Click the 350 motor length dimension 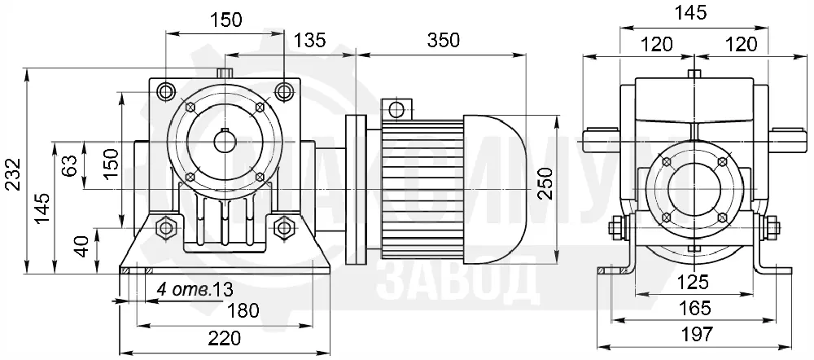tap(444, 40)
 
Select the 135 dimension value tap(309, 40)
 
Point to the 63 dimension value tap(72, 165)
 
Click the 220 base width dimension tap(225, 338)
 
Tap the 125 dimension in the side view tap(694, 283)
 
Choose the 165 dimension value tap(694, 308)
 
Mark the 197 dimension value tap(696, 333)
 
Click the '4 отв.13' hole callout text tap(195, 289)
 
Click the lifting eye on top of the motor tap(396, 109)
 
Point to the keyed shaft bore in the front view tap(225, 142)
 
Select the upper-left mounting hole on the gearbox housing tap(166, 92)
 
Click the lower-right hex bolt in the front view tap(283, 227)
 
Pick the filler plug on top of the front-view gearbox tap(225, 73)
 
